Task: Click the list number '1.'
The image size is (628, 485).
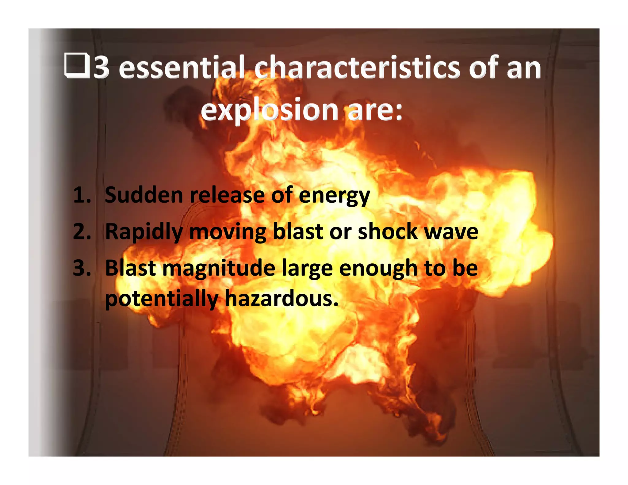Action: tap(82, 195)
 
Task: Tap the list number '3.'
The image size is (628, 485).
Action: tap(82, 268)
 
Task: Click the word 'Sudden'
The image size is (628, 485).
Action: tap(144, 195)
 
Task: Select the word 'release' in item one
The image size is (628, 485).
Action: tap(227, 195)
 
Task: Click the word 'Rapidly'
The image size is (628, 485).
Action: tap(144, 232)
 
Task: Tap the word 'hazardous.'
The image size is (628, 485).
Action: tap(281, 298)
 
